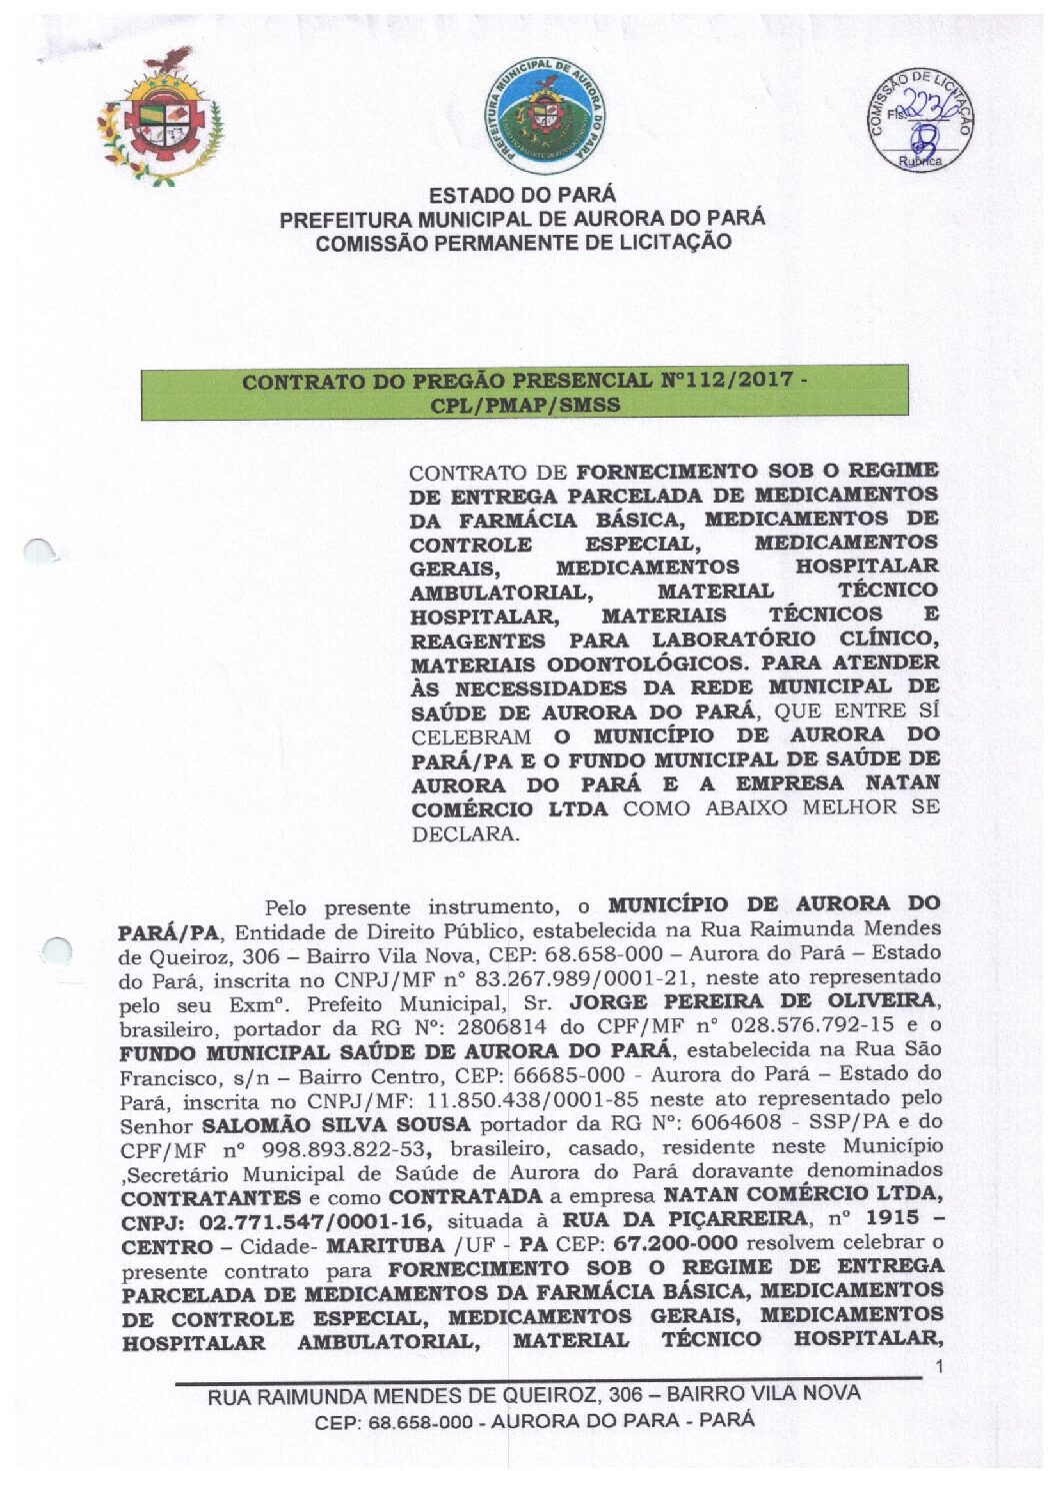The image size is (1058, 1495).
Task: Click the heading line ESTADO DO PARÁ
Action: pyautogui.click(x=522, y=195)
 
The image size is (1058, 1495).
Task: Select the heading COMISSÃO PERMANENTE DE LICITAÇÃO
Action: pyautogui.click(x=522, y=243)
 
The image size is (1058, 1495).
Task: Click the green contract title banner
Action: pyautogui.click(x=524, y=392)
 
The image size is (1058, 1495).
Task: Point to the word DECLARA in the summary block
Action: pyautogui.click(x=465, y=833)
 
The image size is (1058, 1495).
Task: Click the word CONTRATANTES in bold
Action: pyautogui.click(x=210, y=1197)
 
